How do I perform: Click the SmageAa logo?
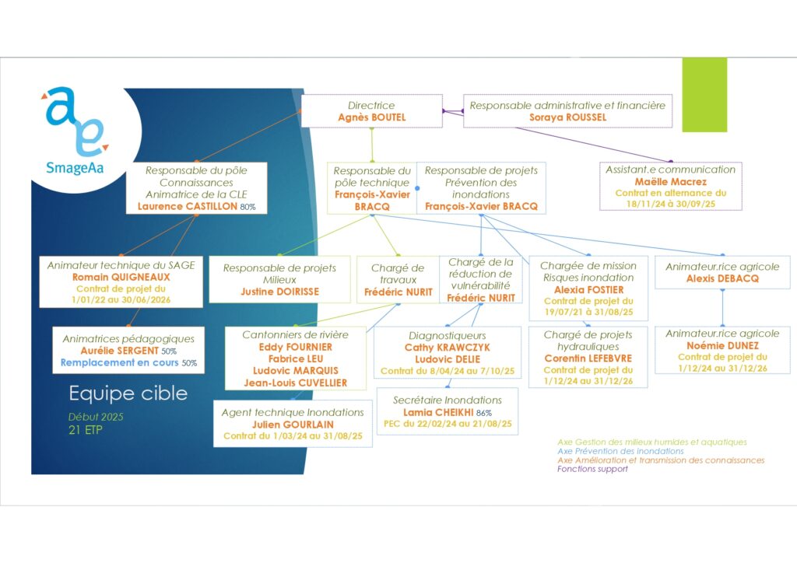75,131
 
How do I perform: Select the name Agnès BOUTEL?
371,117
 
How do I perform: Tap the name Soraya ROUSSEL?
567,117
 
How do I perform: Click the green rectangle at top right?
704,95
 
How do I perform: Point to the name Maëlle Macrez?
670,181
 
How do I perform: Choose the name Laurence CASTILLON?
187,206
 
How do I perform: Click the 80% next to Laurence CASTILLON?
248,207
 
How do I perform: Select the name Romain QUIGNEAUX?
121,277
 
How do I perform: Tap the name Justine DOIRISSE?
280,292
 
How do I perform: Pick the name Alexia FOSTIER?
588,289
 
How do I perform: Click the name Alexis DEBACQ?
722,278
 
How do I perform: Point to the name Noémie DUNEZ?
722,345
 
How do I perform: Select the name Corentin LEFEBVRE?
588,358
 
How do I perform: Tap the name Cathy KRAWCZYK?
448,348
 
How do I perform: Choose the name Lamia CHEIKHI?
438,412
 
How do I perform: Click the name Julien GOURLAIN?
293,425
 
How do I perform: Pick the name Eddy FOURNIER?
295,347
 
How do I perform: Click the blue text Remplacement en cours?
119,362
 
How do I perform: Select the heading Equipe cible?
128,393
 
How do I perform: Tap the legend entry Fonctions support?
592,469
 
